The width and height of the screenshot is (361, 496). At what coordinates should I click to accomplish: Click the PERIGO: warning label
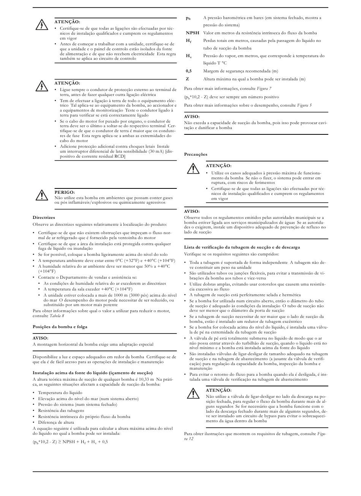click(65, 193)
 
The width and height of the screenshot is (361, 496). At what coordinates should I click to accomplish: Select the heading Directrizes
click(44, 218)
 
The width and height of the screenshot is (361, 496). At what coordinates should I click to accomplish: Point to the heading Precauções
click(196, 154)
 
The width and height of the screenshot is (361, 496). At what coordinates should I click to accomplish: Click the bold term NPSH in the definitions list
click(192, 33)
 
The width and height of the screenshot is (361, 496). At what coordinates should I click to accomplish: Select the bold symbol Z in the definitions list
click(187, 79)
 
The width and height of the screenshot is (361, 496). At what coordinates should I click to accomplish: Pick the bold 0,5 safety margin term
click(189, 71)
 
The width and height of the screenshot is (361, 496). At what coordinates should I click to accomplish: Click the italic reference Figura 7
click(264, 88)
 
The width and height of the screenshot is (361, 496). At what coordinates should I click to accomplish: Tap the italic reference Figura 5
click(304, 105)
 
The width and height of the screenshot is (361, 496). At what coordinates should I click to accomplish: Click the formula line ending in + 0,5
click(70, 442)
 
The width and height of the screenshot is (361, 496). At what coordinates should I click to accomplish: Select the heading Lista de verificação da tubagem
click(242, 247)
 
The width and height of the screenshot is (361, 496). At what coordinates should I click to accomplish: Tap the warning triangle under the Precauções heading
click(193, 168)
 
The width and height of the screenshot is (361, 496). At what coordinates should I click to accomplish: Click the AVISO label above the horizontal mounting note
click(40, 338)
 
